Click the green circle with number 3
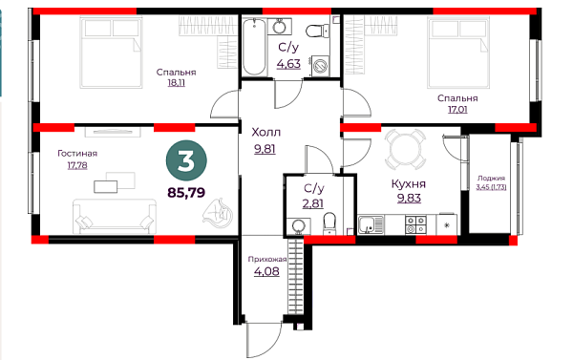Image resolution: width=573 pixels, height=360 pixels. coord(186,160)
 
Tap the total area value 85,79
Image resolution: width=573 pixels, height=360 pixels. coord(186,192)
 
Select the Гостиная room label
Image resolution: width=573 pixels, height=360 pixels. coord(77,154)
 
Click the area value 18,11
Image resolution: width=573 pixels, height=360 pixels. coord(176,83)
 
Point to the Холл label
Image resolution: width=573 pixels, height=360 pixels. coord(266,132)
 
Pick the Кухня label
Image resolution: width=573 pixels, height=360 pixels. coord(409,184)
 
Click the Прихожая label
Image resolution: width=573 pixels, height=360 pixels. coord(267,260)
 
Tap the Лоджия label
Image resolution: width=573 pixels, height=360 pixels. coord(491,179)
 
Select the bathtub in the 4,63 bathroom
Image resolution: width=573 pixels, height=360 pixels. coord(254,47)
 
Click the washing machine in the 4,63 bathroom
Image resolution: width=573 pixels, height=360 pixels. coord(321,67)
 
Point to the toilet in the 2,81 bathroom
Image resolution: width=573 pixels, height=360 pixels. coord(329,223)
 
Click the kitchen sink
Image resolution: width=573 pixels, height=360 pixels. coord(371,224)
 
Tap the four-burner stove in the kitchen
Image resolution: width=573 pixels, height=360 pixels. coord(415,224)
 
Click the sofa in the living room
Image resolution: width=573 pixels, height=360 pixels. coord(115,216)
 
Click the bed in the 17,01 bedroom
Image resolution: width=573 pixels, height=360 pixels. coord(458,53)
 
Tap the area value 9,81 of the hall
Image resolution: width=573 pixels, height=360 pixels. coord(265,149)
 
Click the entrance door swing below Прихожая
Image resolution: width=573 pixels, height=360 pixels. coord(265,340)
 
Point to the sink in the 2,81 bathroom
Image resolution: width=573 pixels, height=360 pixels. coord(299,226)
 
